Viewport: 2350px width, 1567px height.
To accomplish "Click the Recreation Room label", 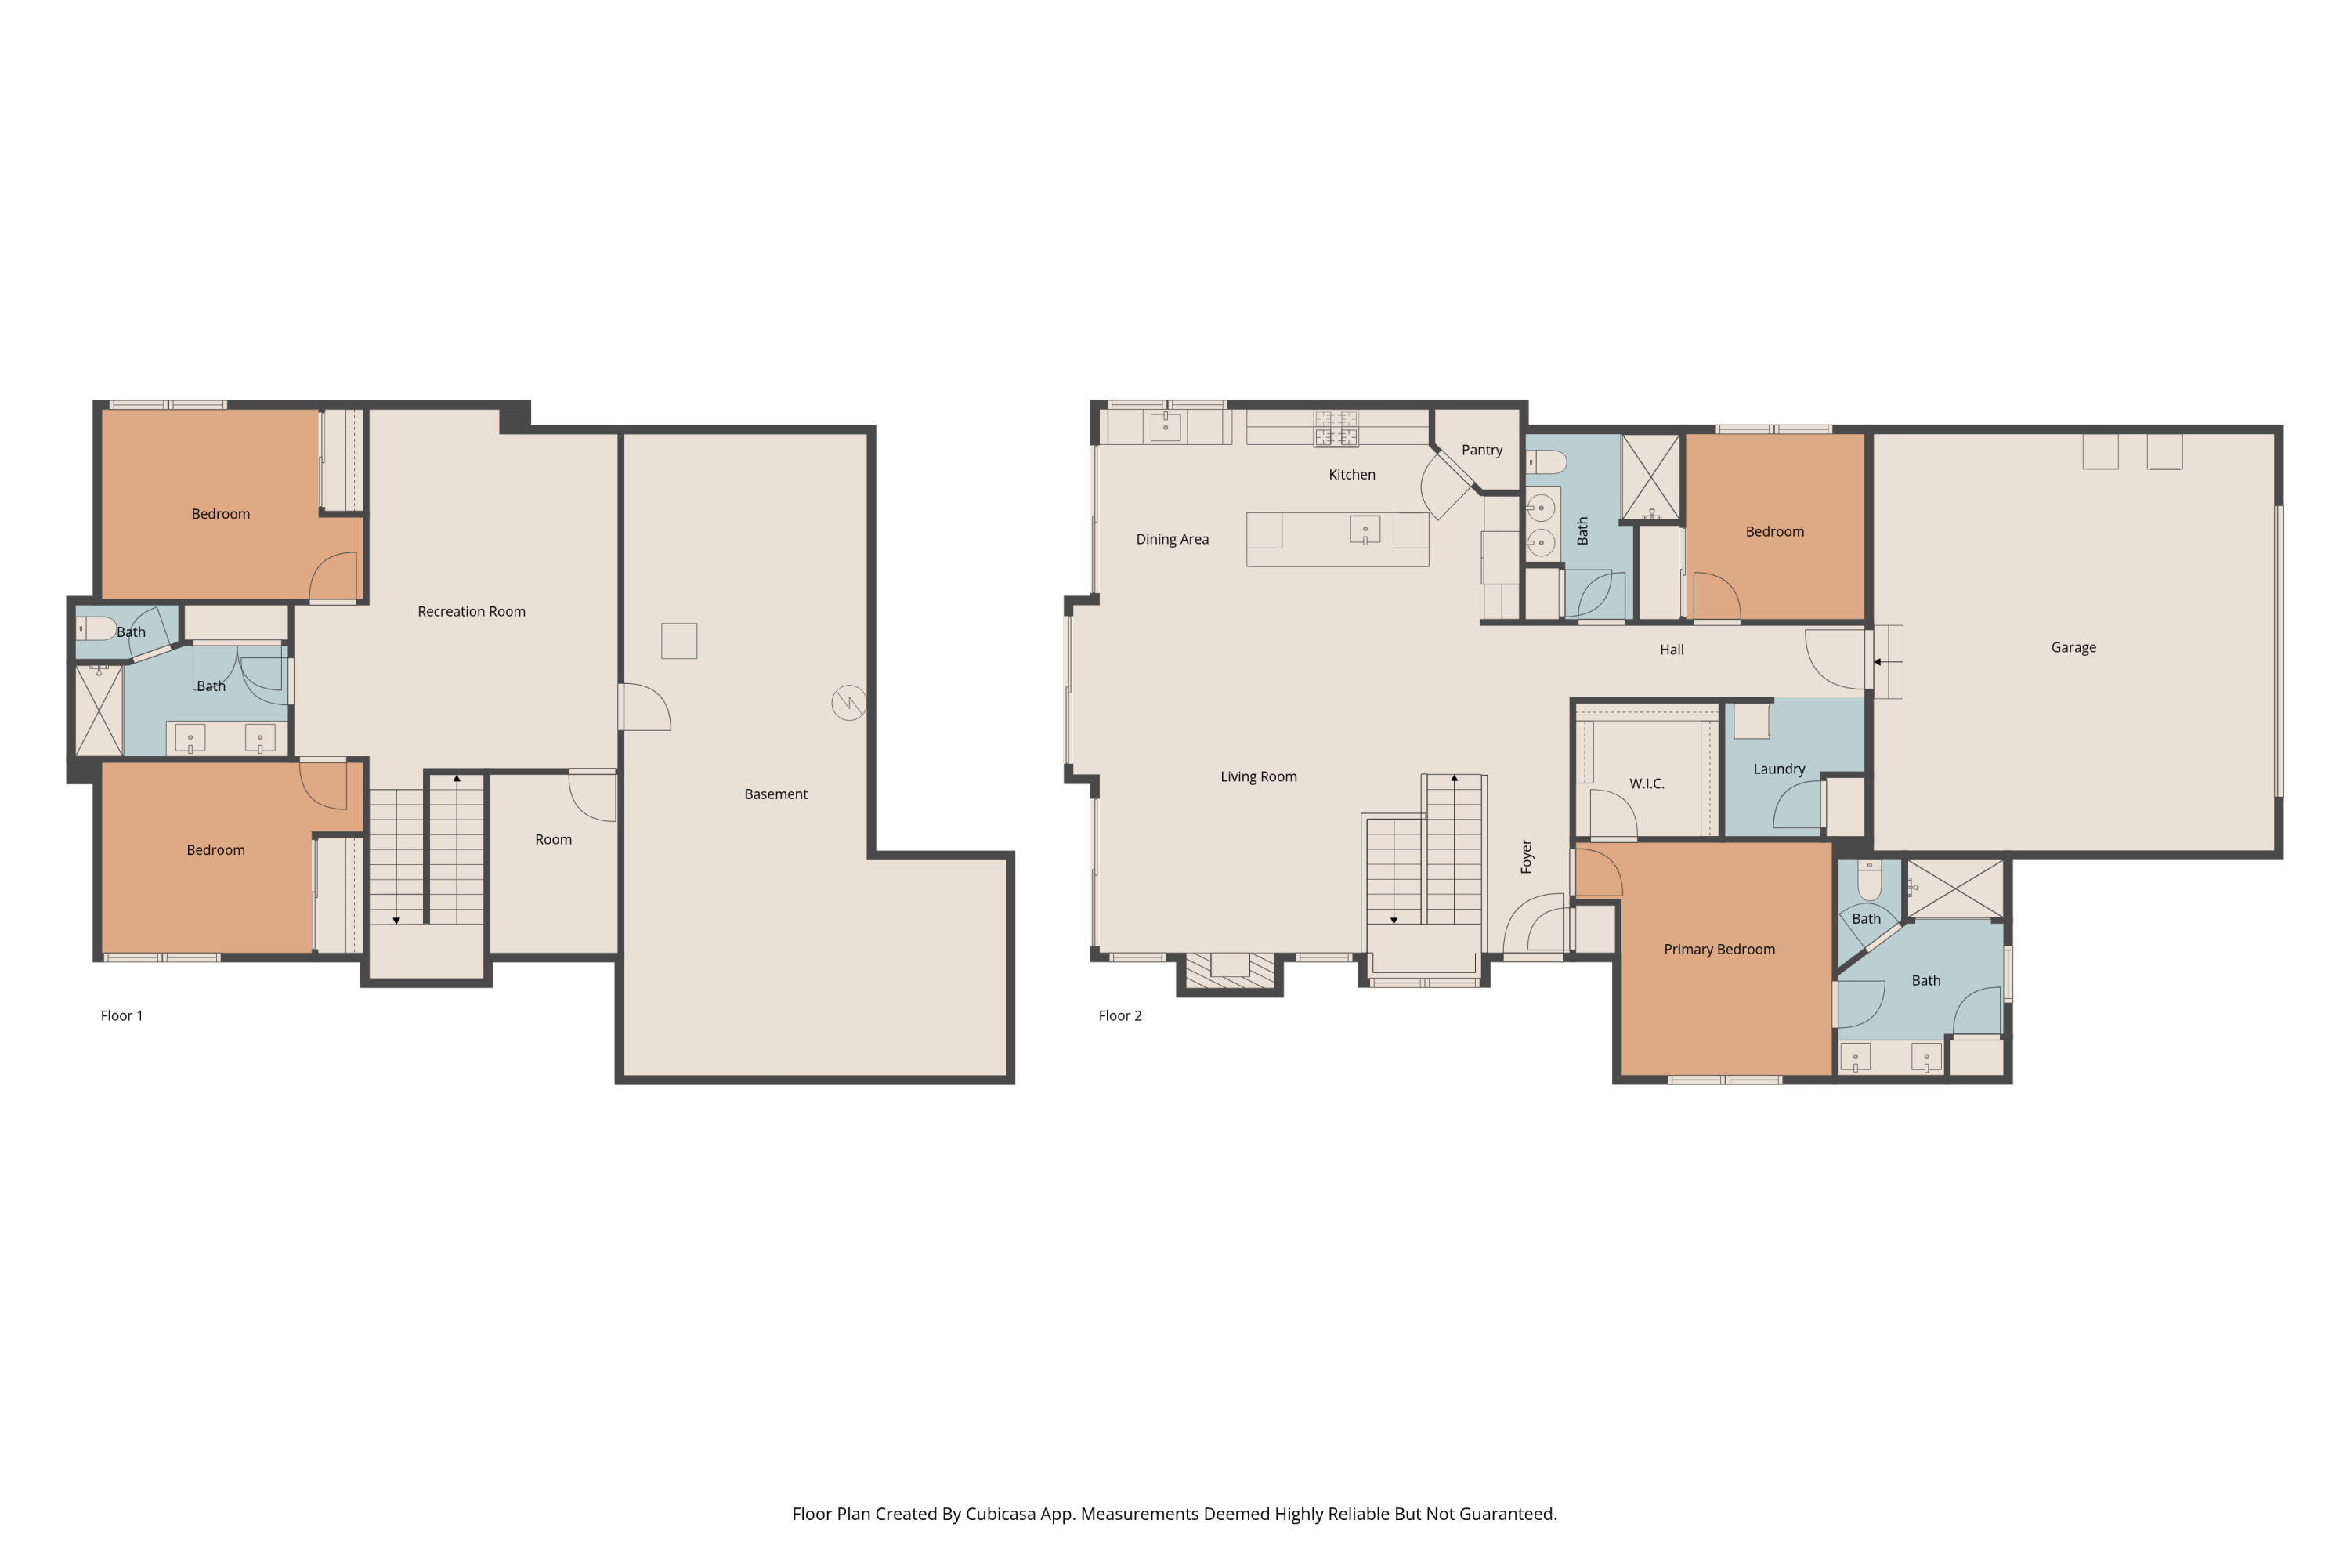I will click(471, 612).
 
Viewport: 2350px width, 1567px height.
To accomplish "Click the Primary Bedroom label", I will click(1719, 950).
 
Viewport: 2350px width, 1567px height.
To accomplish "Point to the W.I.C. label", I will click(1646, 783).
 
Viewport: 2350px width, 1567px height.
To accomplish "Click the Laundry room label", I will click(1778, 769).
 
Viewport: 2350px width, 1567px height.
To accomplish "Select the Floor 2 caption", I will click(1119, 1015).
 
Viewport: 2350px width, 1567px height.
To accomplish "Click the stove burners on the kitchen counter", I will click(1335, 429).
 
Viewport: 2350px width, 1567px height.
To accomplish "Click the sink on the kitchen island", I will click(1364, 530).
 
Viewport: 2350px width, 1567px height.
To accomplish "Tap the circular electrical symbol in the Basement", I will click(848, 703).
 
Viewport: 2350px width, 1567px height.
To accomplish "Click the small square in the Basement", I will click(678, 641).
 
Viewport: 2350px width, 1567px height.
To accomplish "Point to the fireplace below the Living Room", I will click(1229, 969).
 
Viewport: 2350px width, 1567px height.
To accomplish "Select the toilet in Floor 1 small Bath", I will click(98, 628).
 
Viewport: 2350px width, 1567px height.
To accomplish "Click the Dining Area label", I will click(1171, 539).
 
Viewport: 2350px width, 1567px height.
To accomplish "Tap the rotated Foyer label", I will click(1526, 856).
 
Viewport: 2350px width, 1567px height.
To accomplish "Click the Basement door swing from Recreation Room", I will click(645, 707).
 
